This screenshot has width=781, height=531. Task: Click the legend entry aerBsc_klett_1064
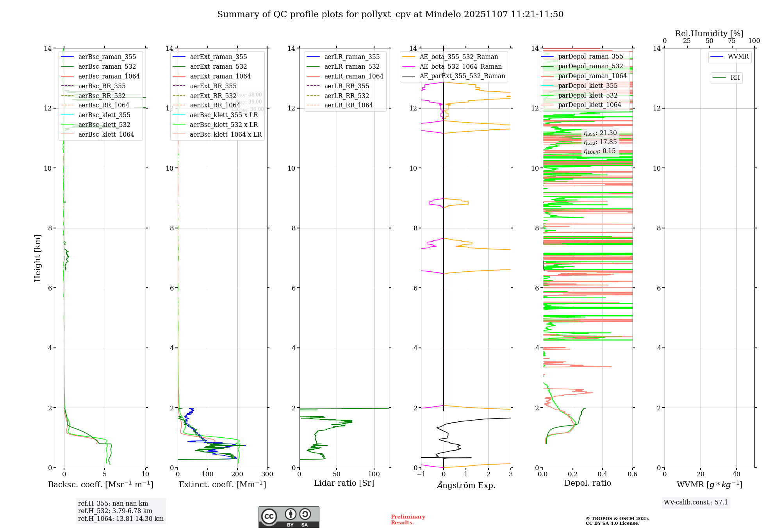click(x=106, y=134)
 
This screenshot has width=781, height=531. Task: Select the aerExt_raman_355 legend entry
click(x=218, y=57)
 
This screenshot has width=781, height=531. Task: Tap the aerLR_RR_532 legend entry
click(x=346, y=96)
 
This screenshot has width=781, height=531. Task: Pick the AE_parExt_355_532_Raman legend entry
click(x=462, y=76)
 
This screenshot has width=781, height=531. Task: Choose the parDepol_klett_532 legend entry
click(x=588, y=95)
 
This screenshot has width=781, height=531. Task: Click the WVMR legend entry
click(x=738, y=57)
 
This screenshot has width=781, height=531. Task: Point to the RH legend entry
click(x=735, y=78)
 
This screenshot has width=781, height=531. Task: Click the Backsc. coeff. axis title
click(x=100, y=485)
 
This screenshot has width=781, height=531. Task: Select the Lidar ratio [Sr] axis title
click(x=344, y=483)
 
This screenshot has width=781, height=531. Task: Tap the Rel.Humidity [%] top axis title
click(x=709, y=34)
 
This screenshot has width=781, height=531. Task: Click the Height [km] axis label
click(x=37, y=258)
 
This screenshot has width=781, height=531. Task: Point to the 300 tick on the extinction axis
click(x=267, y=474)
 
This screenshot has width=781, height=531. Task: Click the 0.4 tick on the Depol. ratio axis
click(x=603, y=474)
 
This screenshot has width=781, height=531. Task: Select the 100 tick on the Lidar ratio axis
click(x=374, y=474)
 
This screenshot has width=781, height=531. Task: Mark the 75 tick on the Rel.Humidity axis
click(x=732, y=41)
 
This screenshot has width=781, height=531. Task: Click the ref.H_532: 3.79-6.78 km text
click(x=115, y=511)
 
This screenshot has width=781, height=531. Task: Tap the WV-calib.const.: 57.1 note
click(x=696, y=502)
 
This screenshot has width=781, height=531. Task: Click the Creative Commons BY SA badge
click(x=289, y=517)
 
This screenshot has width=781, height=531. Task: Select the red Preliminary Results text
click(x=408, y=519)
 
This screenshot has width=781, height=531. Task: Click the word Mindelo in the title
click(x=443, y=14)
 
